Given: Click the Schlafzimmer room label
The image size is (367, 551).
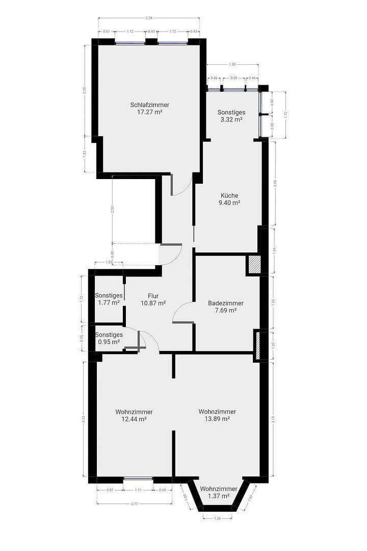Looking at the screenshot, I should (x=149, y=105).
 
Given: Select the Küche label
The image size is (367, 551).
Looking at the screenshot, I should (x=229, y=195).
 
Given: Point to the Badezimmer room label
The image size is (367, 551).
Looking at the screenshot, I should (x=226, y=303).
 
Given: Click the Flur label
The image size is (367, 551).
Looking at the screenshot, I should (x=153, y=296).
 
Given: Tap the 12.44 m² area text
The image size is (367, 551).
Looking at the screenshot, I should (x=134, y=419).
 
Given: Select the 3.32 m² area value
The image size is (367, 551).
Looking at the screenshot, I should (x=231, y=120).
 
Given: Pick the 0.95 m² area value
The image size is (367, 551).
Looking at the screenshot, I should (x=109, y=342).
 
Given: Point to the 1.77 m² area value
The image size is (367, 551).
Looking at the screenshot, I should (x=109, y=303).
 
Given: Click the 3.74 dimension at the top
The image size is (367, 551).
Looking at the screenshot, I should (x=149, y=18).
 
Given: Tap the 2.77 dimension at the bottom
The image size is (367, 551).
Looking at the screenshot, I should (x=134, y=504).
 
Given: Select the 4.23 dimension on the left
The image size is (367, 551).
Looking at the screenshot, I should (x=83, y=419).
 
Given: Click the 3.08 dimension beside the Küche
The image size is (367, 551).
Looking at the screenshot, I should (x=276, y=183).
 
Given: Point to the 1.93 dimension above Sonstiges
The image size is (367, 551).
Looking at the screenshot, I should (x=232, y=65).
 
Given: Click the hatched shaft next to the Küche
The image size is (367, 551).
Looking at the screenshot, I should (x=254, y=265).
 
